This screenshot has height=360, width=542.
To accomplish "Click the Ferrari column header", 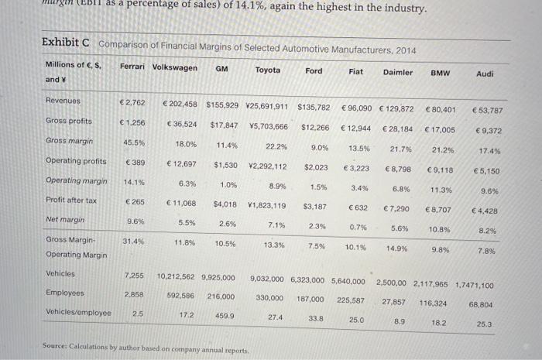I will point(133,67).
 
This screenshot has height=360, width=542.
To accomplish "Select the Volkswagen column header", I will point(175,67).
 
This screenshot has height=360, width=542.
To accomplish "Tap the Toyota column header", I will point(268,69).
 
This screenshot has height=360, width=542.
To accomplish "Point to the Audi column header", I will point(485,73).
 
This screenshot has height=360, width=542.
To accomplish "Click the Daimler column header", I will point(397,70).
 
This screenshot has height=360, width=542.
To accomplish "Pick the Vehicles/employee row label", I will point(79,314).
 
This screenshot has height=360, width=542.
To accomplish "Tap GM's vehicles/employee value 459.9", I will point(225,316).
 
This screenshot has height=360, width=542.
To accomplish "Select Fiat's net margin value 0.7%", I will point(358,227).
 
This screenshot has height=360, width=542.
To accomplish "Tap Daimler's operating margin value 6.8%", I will point(401,188).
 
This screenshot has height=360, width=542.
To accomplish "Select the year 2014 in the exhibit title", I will point(406,50).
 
